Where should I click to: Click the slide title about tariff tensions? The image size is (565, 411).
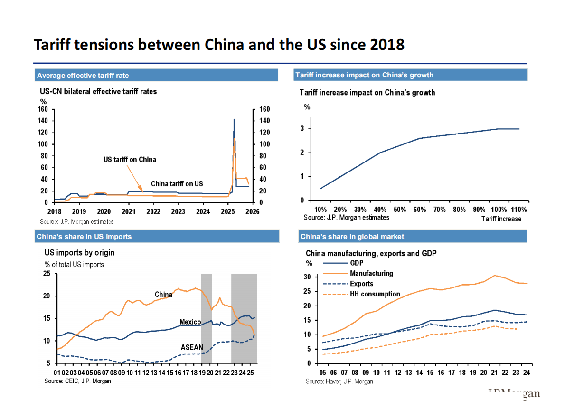(x=219, y=45)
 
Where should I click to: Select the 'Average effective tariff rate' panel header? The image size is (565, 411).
(x=83, y=76)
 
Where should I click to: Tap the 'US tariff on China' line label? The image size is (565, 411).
(x=130, y=160)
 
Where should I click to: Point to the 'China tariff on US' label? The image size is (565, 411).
(x=177, y=184)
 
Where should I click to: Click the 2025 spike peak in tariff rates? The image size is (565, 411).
(x=234, y=120)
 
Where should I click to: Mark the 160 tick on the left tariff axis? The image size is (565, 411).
(x=43, y=109)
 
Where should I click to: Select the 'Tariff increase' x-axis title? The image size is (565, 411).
(x=501, y=219)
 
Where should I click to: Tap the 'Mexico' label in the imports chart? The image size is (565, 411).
(x=190, y=322)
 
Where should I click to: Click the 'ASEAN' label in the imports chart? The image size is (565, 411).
(x=192, y=348)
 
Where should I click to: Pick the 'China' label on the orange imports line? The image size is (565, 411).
(x=163, y=295)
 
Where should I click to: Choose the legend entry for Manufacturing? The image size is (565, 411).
(x=371, y=273)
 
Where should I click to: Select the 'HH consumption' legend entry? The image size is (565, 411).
(x=375, y=294)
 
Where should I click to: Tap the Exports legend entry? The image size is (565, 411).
(x=361, y=284)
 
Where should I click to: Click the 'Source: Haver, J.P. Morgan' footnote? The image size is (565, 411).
(x=339, y=382)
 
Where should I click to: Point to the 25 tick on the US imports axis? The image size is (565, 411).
(x=47, y=274)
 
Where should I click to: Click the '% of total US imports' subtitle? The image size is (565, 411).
(x=74, y=265)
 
